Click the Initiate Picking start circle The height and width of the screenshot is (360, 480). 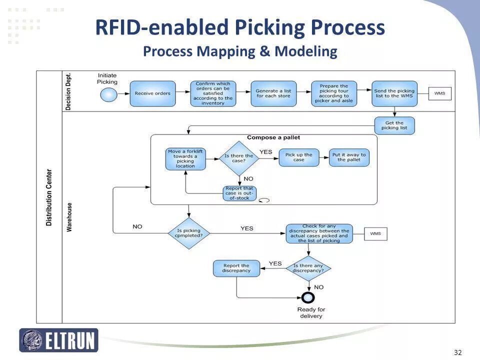107,94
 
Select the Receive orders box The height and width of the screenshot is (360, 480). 152,93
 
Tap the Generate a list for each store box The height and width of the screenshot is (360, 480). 273,93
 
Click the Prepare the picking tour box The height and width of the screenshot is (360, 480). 333,93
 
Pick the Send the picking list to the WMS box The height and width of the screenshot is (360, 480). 394,93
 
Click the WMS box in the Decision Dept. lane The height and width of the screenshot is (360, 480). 439,93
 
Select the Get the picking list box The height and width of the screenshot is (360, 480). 394,125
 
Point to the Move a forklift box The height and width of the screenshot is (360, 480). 185,159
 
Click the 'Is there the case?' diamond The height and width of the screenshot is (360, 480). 238,158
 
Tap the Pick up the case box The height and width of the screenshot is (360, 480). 298,157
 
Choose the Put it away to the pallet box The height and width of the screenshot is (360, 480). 349,157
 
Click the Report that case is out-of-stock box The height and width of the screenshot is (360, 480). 239,193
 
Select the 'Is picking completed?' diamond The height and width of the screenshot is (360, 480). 188,233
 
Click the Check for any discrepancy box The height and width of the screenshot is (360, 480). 318,233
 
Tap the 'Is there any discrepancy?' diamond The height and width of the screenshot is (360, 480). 308,268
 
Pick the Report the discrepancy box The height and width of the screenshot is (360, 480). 236,268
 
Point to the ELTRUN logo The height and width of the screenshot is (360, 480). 59,340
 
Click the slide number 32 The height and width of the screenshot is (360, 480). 457,352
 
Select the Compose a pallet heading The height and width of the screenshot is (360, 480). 273,137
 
